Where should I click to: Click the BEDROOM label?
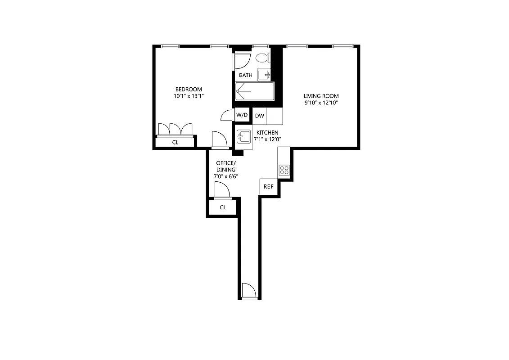(189, 89)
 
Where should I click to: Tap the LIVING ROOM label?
(321, 96)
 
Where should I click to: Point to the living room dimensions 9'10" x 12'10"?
(321, 103)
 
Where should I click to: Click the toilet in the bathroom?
(262, 58)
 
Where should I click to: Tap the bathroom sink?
(264, 74)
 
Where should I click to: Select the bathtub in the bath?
(254, 91)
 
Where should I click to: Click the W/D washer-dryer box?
(242, 115)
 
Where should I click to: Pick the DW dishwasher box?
(260, 116)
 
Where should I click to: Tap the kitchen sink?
(243, 136)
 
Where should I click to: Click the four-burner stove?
(284, 170)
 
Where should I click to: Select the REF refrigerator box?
(268, 187)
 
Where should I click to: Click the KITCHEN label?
(267, 133)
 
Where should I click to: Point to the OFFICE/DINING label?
(225, 166)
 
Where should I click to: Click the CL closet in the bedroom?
(176, 142)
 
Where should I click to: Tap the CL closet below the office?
(222, 207)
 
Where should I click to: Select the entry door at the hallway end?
(248, 291)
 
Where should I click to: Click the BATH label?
(246, 75)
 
